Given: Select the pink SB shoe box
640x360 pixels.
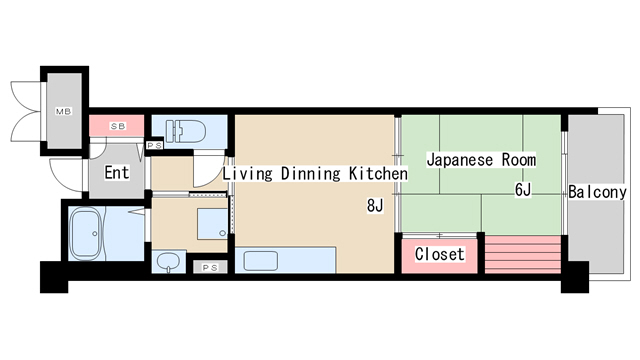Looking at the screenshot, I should coord(118,127).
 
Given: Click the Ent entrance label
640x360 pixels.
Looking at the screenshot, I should coord(117,173).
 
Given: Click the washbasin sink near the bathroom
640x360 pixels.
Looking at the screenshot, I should coord(169,262).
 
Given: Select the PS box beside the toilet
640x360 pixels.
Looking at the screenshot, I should coord(155,146).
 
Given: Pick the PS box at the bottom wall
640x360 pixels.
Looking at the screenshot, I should coord(209,267).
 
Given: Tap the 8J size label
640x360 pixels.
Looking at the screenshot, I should coord(375,206).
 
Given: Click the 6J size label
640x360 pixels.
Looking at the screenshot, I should coord(524,190).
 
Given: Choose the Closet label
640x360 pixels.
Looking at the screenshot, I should coord(439,254).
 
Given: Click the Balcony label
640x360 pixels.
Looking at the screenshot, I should coord(596,192).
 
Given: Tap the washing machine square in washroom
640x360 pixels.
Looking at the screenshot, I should coord(212,223).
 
